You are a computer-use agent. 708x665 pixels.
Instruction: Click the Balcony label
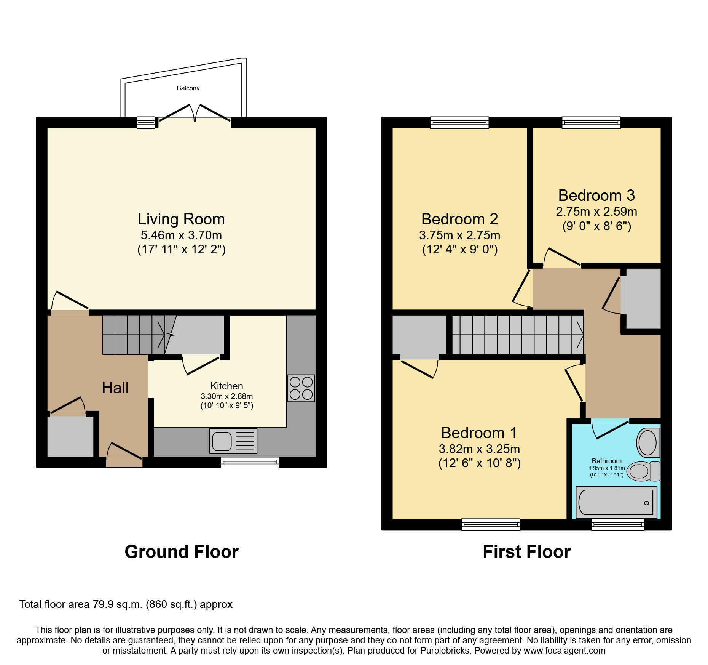(188, 88)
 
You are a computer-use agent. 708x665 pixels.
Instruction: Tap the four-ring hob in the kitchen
(301, 388)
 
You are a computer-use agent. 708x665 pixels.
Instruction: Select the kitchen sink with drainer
(233, 441)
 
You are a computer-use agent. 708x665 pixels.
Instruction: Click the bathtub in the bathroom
(616, 502)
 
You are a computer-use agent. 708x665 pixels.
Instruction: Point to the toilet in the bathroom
(643, 471)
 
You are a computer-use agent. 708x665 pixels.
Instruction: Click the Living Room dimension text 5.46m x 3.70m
(181, 235)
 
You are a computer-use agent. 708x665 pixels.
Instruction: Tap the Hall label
(115, 388)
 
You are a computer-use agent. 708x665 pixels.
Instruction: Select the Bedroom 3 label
(596, 195)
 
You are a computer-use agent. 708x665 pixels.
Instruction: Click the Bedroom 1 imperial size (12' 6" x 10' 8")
(479, 463)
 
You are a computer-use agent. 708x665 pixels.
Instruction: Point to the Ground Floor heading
(181, 552)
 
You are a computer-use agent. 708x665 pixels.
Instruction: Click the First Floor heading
(526, 552)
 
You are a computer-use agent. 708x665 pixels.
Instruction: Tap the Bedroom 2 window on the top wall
(459, 122)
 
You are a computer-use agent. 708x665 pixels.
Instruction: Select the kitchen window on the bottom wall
(250, 462)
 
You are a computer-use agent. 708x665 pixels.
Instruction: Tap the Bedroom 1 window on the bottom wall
(491, 524)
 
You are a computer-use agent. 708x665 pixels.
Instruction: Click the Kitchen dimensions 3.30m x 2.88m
(226, 396)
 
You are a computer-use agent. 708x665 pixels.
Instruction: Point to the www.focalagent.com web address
(564, 651)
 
